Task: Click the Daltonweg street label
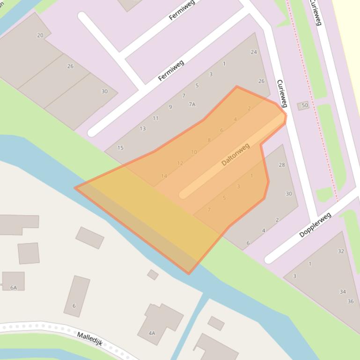[235, 154]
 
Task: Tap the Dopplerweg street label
[315, 225]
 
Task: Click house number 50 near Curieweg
[305, 105]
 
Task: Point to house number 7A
[192, 104]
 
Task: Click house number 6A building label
[14, 288]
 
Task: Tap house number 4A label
[152, 333]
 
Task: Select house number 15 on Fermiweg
[120, 148]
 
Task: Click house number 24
[254, 52]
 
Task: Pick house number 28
[282, 165]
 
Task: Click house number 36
[351, 302]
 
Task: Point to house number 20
[40, 35]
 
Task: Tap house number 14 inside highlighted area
[164, 176]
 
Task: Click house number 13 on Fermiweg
[142, 129]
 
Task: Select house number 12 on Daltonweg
[180, 164]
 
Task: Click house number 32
[341, 251]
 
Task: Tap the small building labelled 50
[303, 106]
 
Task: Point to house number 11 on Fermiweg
[155, 118]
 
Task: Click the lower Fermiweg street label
[171, 70]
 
